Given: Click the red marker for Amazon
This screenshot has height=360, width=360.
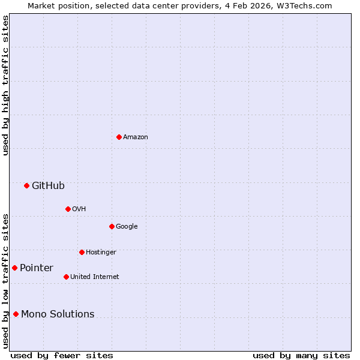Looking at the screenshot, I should pyautogui.click(x=119, y=137).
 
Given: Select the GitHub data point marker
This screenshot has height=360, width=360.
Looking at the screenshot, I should pyautogui.click(x=26, y=185).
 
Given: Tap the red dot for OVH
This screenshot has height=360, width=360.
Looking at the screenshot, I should pyautogui.click(x=68, y=209).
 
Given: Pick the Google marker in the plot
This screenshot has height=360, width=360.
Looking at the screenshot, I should pyautogui.click(x=112, y=226).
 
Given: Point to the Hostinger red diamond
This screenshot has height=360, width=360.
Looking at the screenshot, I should pyautogui.click(x=82, y=252).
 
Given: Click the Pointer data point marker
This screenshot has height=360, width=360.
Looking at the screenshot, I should pyautogui.click(x=14, y=268).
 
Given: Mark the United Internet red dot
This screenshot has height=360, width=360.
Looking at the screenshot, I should pyautogui.click(x=66, y=277).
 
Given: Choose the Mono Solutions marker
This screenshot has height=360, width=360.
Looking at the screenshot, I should pyautogui.click(x=16, y=314).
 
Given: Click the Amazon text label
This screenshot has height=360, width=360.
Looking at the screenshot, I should pyautogui.click(x=136, y=137).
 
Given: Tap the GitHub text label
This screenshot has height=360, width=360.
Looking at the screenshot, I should pyautogui.click(x=48, y=186).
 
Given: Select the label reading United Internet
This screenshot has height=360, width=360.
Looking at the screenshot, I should pyautogui.click(x=94, y=277).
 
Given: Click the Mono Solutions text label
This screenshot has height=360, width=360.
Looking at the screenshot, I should pyautogui.click(x=58, y=314).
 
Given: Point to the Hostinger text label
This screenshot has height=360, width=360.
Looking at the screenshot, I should pyautogui.click(x=101, y=253).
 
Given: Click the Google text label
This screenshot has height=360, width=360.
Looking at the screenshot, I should pyautogui.click(x=127, y=227).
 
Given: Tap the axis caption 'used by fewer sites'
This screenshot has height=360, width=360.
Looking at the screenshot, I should pyautogui.click(x=62, y=355).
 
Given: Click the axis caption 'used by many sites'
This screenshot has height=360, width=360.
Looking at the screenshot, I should pyautogui.click(x=301, y=355).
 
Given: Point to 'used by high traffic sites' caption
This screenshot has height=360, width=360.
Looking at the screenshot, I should pyautogui.click(x=5, y=85).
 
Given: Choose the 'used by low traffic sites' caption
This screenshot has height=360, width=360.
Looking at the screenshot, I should pyautogui.click(x=5, y=281).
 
